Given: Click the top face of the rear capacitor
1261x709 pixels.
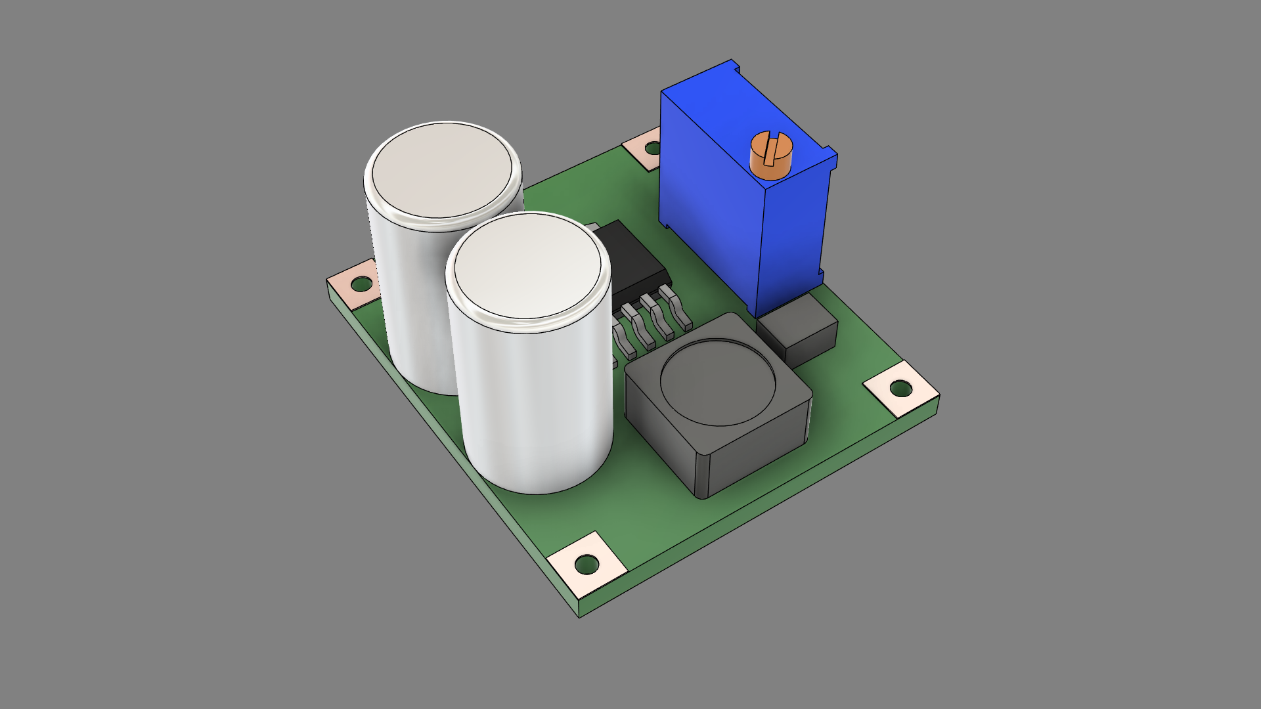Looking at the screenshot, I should point(441,171).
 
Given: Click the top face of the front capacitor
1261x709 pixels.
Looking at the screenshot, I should point(527,266).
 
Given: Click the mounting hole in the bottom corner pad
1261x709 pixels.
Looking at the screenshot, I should point(586,564).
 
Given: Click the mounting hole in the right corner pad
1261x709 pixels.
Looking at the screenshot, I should point(900,389).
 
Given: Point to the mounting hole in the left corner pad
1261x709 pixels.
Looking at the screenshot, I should point(361,284).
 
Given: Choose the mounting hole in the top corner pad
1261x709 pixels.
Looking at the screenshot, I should point(651,148).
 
